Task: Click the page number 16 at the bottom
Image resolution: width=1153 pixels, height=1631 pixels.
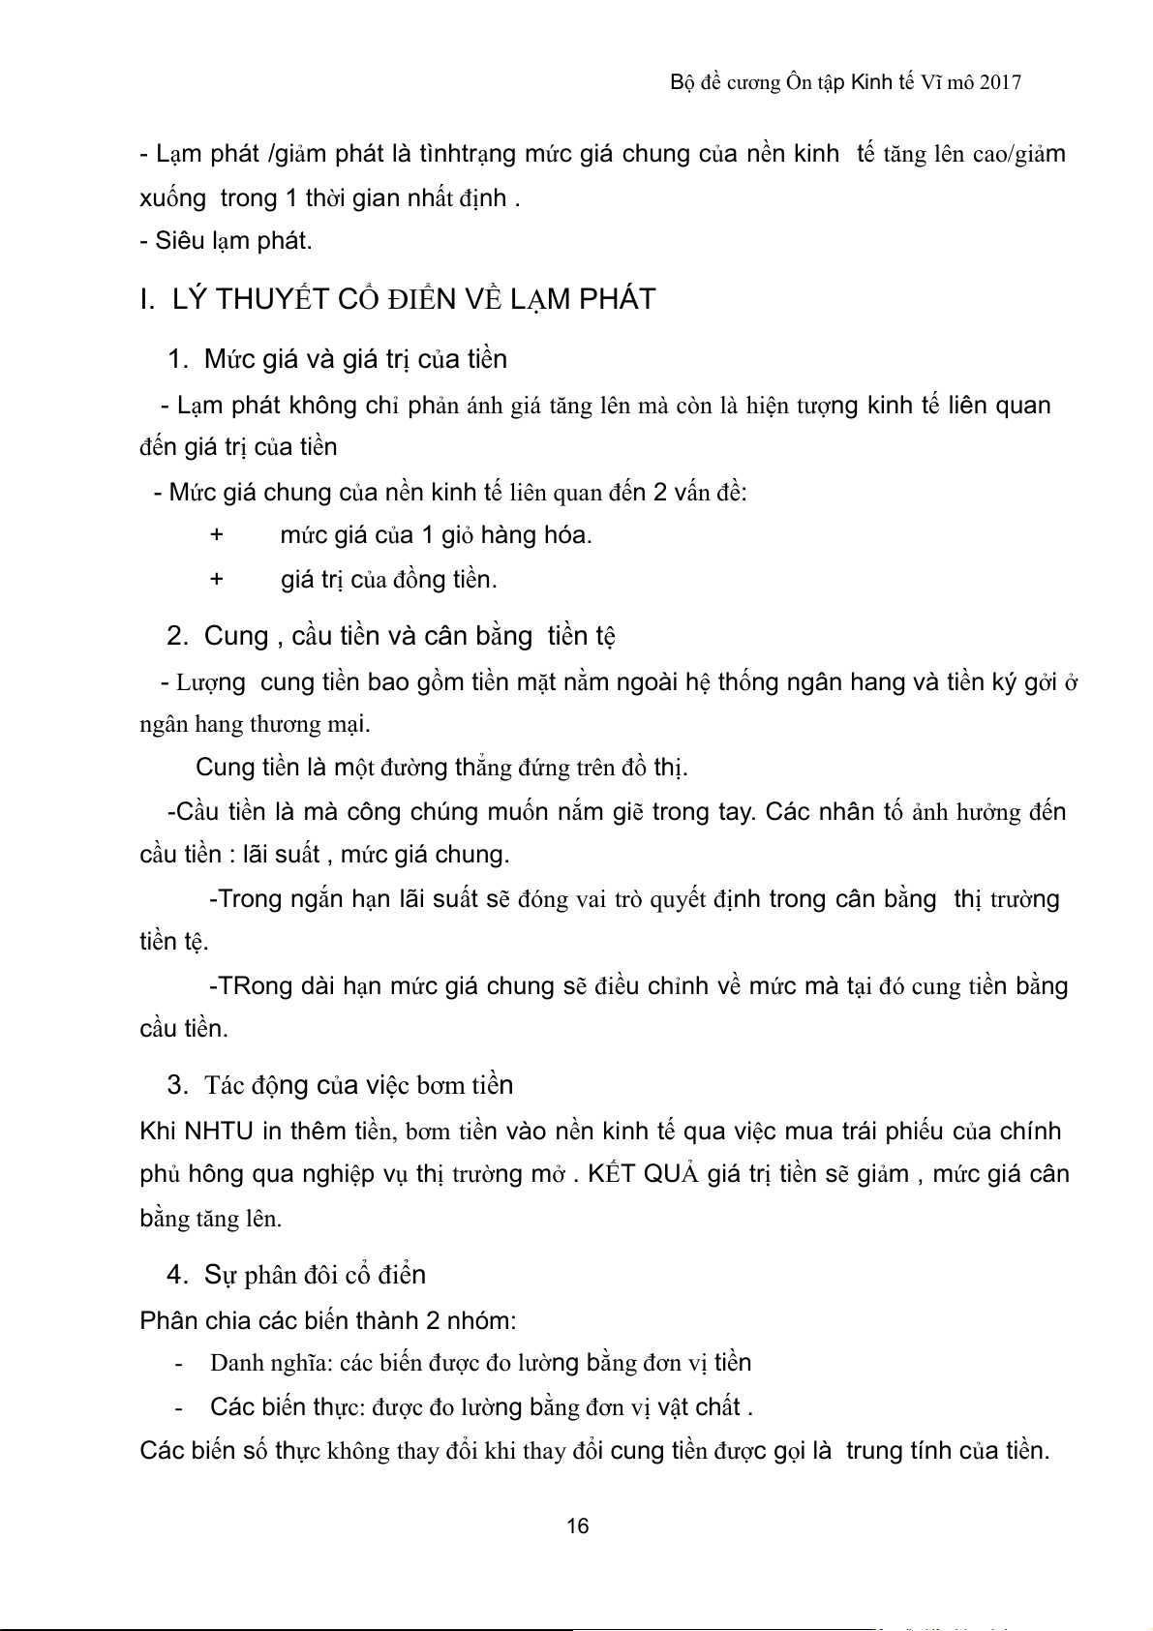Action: coord(577,1526)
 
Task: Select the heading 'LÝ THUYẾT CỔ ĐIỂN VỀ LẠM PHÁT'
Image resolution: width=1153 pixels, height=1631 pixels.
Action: coord(413,299)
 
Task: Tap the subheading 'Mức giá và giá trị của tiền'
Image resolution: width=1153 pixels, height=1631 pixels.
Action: coord(355,359)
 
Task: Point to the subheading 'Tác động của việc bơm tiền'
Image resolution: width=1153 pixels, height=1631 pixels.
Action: coord(358,1085)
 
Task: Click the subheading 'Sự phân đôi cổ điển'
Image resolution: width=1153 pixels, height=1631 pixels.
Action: coord(315,1275)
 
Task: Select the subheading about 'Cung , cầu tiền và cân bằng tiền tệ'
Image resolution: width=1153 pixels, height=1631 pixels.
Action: coord(410,636)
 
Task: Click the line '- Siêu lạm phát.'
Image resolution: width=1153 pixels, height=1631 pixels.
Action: coord(226,241)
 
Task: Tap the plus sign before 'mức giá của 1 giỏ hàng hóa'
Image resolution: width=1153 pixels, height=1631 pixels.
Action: coord(217,535)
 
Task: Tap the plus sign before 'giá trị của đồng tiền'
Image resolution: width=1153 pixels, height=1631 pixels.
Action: coord(217,580)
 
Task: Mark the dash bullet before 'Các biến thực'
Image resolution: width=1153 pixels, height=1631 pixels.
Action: coord(179,1407)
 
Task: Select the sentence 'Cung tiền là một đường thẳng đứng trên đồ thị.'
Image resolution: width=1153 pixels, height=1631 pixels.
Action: coord(441,768)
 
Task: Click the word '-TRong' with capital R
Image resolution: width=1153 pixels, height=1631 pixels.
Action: coord(246,986)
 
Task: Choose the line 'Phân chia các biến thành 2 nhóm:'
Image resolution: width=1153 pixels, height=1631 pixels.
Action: coord(328,1321)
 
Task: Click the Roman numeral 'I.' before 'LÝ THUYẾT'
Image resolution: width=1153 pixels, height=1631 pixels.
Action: coord(148,300)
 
